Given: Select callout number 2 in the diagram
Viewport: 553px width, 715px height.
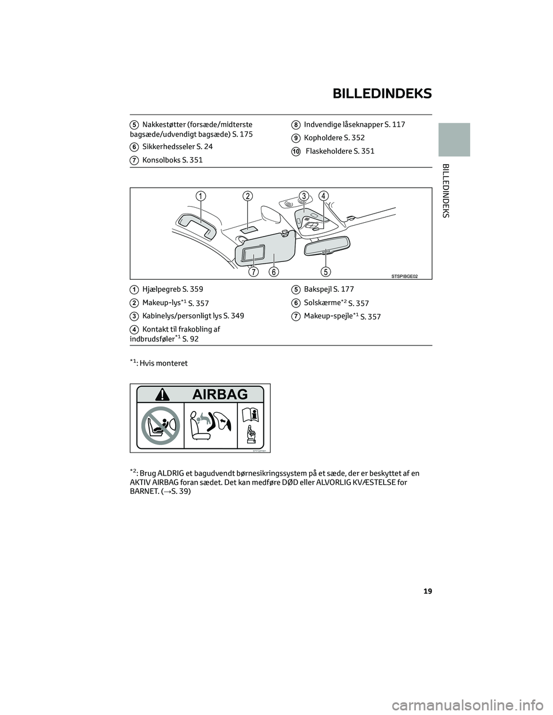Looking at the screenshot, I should click(248, 196).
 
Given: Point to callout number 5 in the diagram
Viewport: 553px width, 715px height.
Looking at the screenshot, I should click(325, 271).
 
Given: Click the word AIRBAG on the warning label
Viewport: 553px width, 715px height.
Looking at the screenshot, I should click(221, 394).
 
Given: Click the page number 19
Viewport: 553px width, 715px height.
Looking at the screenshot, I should click(427, 591).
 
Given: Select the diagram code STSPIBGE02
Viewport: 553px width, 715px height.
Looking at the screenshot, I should click(396, 276).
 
